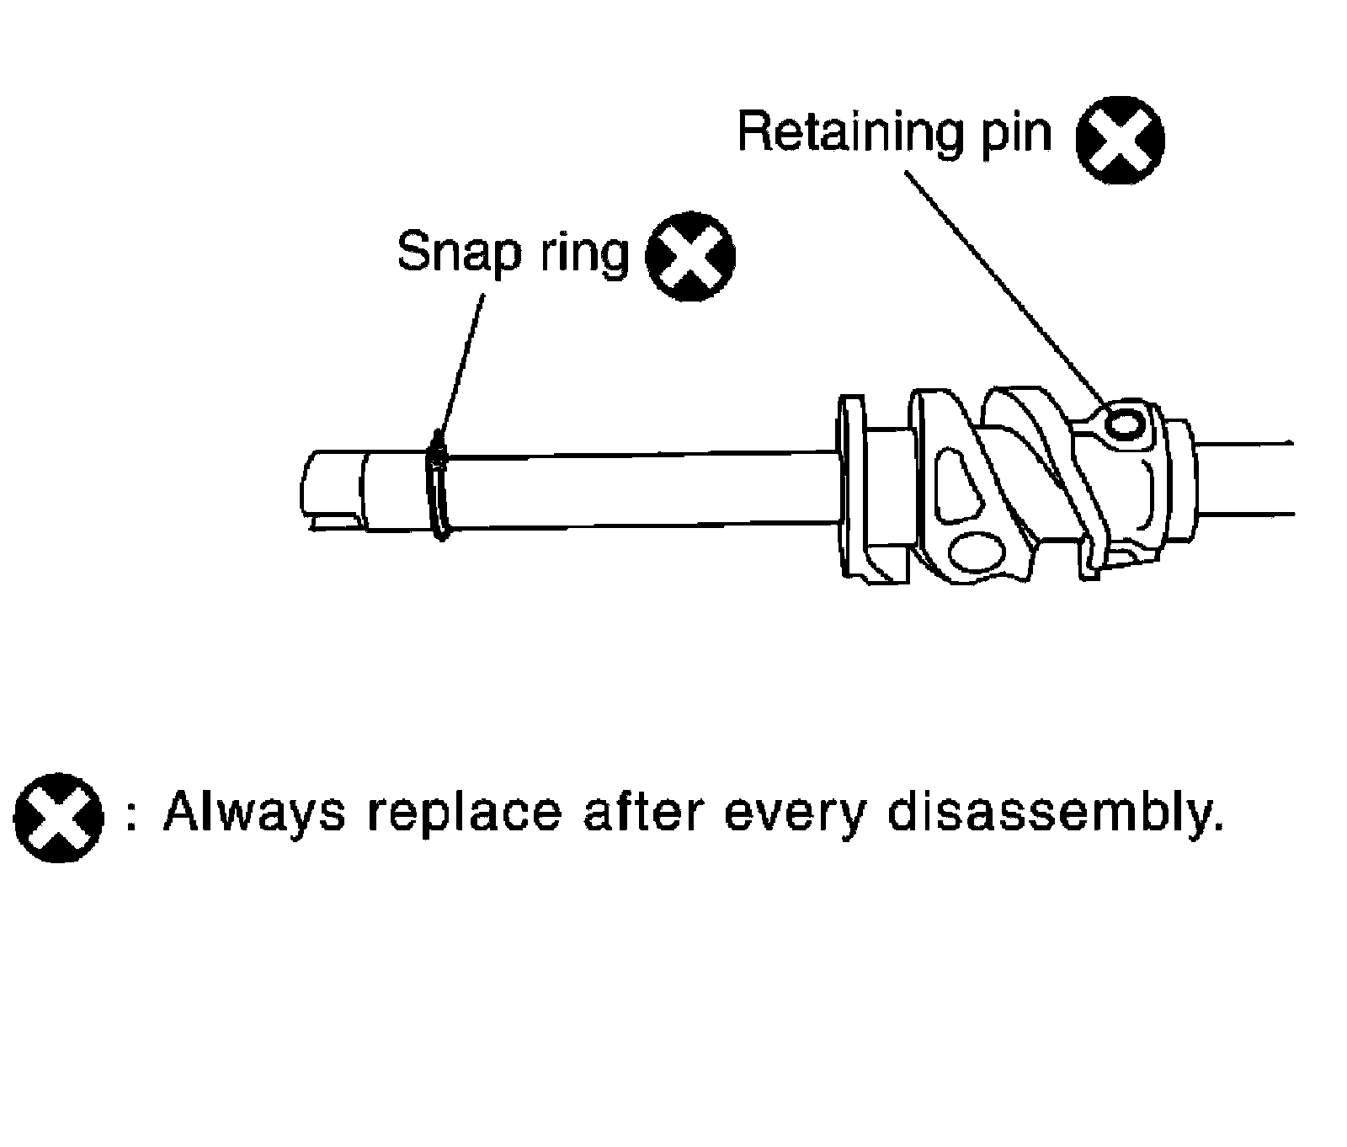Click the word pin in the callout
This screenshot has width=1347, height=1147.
point(1020,135)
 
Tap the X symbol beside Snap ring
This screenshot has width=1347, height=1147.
point(689,257)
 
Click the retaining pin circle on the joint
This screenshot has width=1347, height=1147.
point(1126,423)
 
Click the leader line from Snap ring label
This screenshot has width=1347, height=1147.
point(462,362)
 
